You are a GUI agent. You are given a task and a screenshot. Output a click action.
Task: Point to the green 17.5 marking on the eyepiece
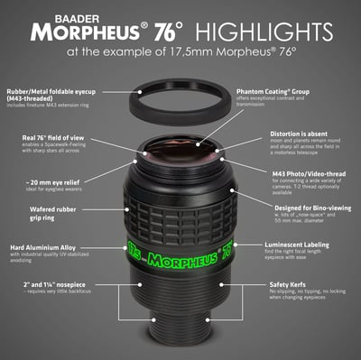coord(134,247)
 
